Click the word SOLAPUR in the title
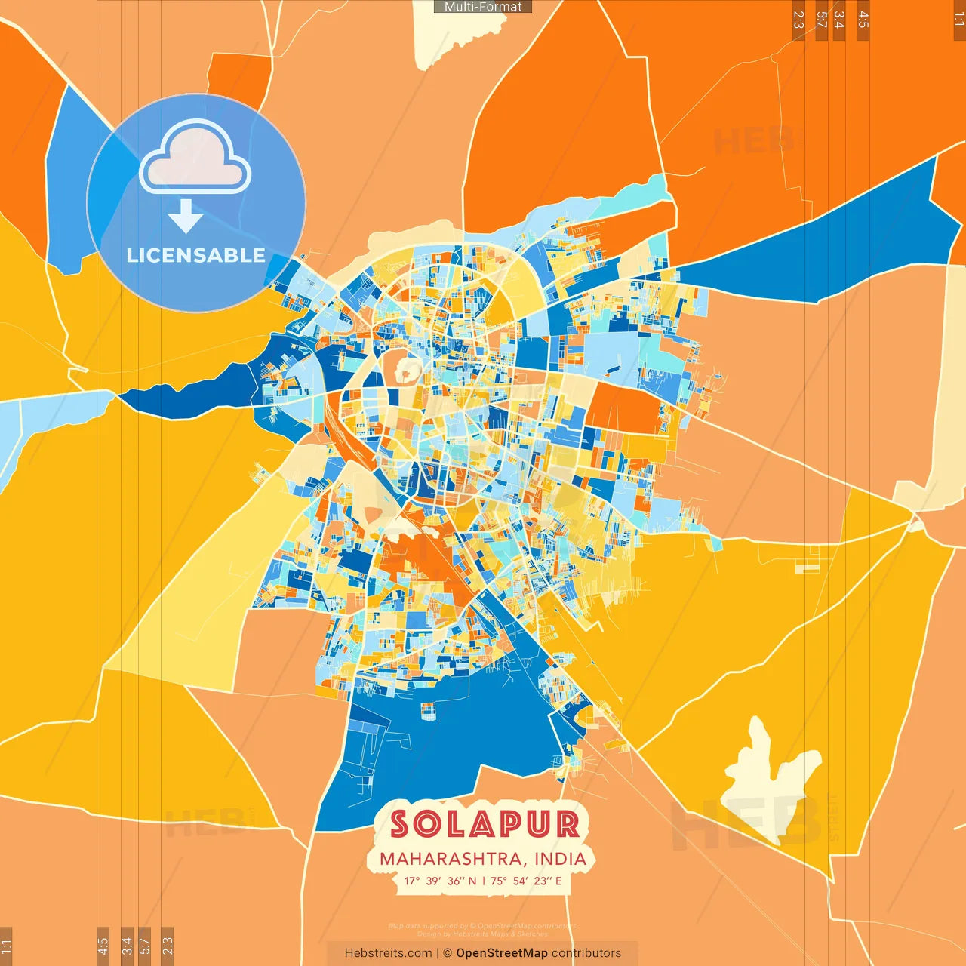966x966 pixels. tap(485, 823)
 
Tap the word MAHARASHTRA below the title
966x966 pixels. tap(451, 859)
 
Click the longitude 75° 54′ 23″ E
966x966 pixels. tap(527, 881)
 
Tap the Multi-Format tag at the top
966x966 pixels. tap(483, 7)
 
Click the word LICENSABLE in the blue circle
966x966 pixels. tap(195, 255)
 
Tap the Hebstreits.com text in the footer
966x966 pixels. tap(388, 953)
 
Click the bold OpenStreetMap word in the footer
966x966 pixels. tap(502, 953)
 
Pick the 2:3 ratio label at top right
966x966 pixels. tap(798, 20)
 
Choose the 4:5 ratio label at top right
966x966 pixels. tap(863, 20)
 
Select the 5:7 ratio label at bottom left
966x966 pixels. tap(145, 945)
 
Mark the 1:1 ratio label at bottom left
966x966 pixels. tap(6, 946)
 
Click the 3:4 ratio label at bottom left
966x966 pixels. tap(127, 945)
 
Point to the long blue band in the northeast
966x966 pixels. tap(815, 241)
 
